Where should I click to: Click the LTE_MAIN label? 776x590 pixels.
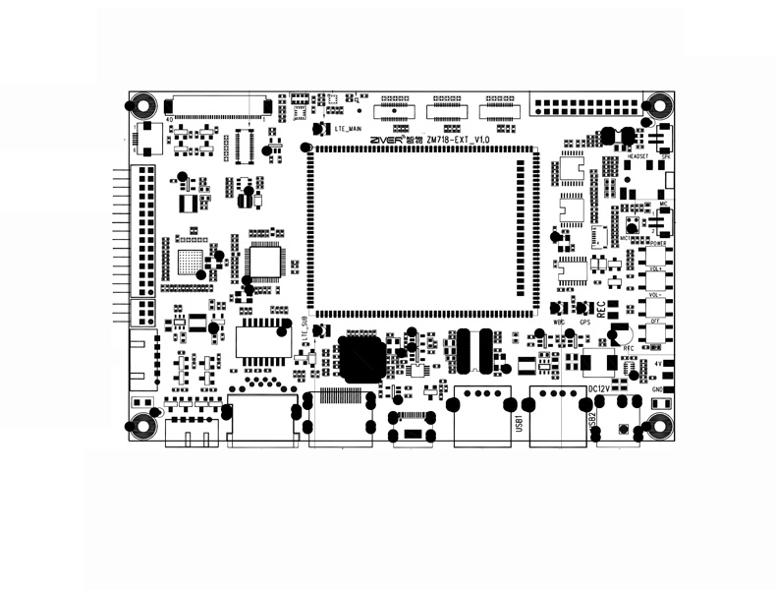coord(350,129)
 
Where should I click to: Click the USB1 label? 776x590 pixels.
coord(519,425)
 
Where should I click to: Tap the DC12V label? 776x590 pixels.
coord(600,389)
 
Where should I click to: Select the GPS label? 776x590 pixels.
coord(585,322)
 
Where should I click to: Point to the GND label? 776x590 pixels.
coord(656,389)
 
